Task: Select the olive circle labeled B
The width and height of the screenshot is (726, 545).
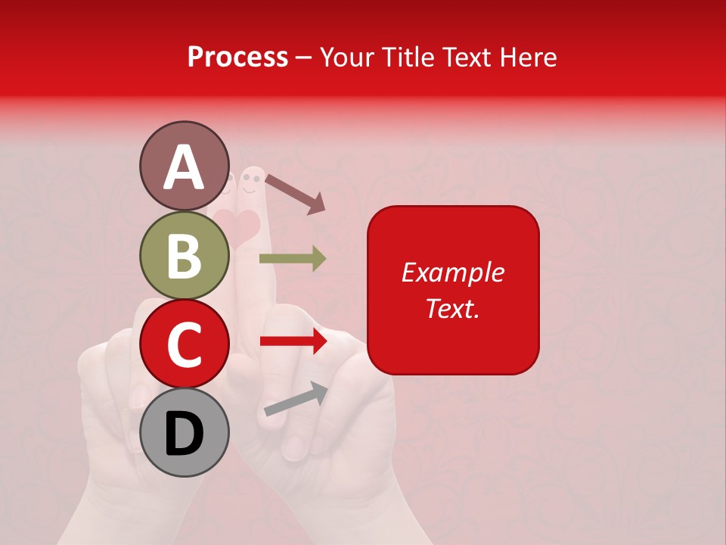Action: click(x=184, y=255)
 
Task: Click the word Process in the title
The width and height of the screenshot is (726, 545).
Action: click(x=237, y=57)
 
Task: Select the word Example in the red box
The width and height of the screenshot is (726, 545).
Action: click(x=452, y=272)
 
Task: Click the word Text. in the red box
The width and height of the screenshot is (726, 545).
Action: click(x=452, y=308)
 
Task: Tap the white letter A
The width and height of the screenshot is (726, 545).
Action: click(x=184, y=167)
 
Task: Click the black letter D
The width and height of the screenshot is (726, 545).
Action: click(x=184, y=434)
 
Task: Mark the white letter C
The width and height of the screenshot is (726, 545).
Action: click(x=184, y=344)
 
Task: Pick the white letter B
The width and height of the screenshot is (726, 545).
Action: click(x=184, y=256)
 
